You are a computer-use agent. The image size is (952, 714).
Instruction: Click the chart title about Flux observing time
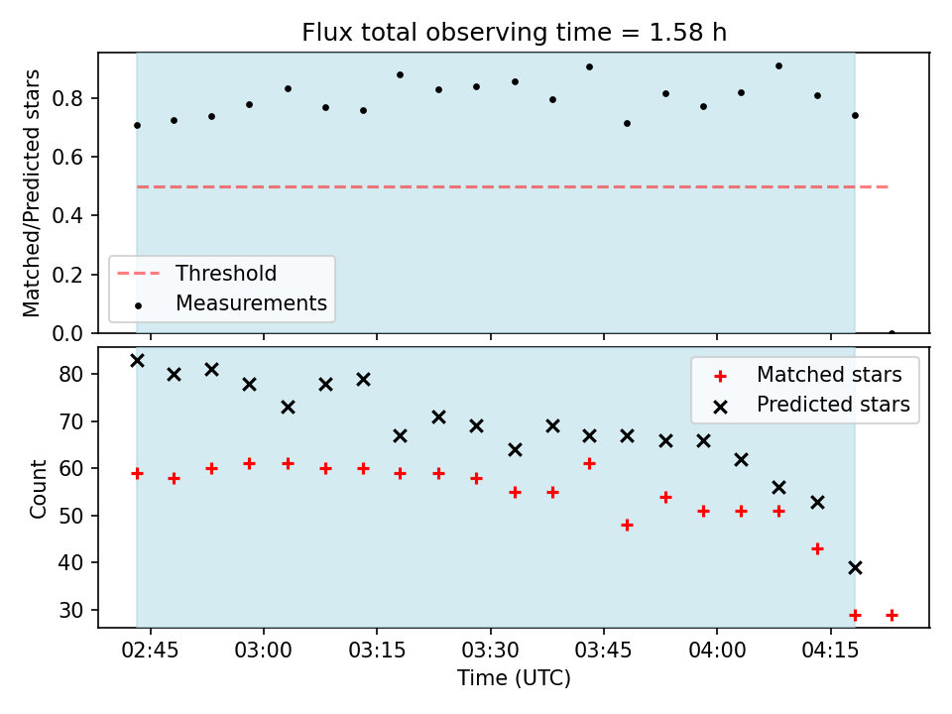coord(514,32)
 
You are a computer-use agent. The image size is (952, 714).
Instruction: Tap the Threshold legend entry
coord(196,274)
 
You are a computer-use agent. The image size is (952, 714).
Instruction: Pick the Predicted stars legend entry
coord(812,405)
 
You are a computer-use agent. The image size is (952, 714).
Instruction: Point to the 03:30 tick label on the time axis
coord(490,651)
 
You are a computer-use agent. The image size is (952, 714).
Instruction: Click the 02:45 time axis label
coord(150,651)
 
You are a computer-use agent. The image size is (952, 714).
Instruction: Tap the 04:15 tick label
coord(830,651)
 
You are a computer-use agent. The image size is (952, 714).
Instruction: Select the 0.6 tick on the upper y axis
coord(66,157)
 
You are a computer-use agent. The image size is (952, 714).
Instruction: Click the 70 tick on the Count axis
coord(70,421)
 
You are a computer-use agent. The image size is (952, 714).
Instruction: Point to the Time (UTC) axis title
coord(514,677)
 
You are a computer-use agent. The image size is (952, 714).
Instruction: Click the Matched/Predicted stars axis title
coord(31,193)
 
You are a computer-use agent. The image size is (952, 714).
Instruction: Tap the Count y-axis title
coord(38,489)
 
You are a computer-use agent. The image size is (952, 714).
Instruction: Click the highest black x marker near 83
coord(137,361)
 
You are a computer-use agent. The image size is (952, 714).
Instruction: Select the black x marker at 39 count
coord(855,567)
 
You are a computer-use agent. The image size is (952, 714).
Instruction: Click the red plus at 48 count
coord(627,525)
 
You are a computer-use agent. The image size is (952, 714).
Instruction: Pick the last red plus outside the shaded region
coord(892,615)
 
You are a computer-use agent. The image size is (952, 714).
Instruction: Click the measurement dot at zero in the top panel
coord(892,333)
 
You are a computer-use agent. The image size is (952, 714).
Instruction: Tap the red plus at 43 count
coord(817,548)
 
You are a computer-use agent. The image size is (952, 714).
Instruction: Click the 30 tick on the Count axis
coord(70,610)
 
